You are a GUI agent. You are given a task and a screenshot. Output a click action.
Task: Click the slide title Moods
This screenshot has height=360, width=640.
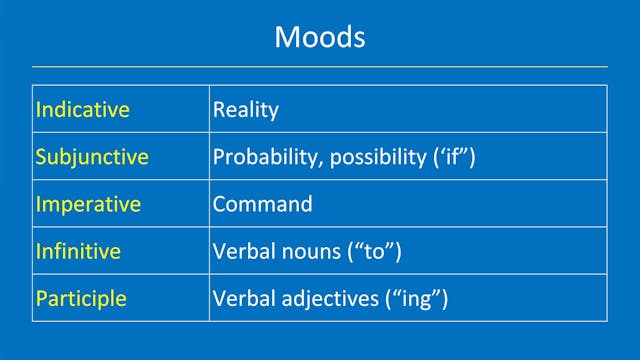click(319, 37)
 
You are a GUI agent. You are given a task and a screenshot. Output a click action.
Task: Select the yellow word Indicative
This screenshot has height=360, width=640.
click(83, 110)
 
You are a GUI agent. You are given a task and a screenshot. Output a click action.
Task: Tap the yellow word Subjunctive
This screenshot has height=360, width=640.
click(92, 157)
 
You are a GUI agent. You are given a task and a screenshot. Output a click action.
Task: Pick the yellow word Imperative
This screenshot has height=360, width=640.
click(89, 204)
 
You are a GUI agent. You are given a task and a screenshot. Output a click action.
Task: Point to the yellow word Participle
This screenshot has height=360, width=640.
click(81, 298)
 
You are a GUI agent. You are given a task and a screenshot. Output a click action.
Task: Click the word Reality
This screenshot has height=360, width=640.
click(245, 110)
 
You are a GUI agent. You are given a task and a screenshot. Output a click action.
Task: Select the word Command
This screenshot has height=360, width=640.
click(262, 204)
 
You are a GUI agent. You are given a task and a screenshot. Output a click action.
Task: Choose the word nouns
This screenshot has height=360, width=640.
click(309, 251)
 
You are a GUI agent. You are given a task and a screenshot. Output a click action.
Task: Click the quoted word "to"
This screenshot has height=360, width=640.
click(373, 251)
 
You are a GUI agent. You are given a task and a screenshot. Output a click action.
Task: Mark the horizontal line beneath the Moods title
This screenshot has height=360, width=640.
click(319, 67)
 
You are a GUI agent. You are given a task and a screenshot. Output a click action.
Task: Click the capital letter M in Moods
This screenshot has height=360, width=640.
click(287, 37)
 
